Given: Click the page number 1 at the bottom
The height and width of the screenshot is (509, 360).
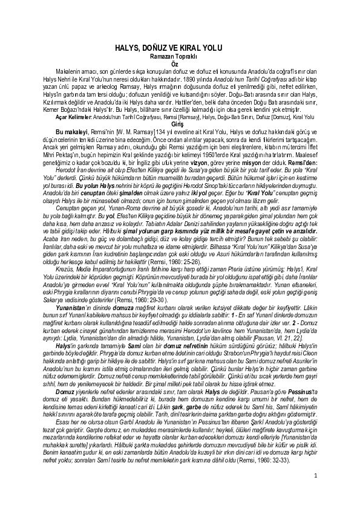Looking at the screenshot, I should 316,493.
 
